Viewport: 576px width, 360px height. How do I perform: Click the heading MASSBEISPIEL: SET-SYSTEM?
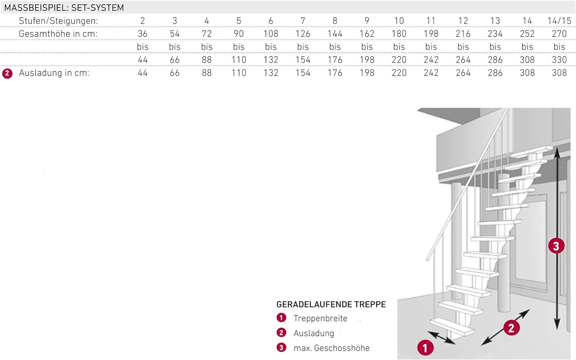(x=64, y=8)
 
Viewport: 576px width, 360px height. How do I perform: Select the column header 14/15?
(x=559, y=21)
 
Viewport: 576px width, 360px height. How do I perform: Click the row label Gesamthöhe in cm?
(x=58, y=34)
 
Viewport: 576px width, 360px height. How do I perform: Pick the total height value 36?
(x=142, y=34)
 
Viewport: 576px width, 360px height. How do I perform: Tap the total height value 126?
(x=303, y=34)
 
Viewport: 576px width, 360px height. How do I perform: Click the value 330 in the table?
(x=559, y=60)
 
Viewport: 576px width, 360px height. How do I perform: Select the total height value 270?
(x=559, y=34)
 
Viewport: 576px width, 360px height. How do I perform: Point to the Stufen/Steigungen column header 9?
(x=367, y=21)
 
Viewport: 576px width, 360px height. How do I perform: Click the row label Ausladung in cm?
(x=54, y=73)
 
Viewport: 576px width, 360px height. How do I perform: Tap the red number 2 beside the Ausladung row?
(x=7, y=74)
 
